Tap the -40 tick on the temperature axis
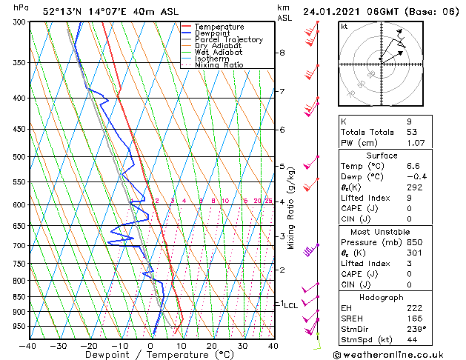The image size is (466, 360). click(28, 345)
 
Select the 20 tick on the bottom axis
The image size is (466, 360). click(212, 345)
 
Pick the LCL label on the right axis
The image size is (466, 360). click(291, 305)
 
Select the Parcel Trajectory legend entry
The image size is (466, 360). click(228, 40)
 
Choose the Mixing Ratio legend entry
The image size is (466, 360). click(219, 65)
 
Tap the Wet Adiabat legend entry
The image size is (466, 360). click(218, 53)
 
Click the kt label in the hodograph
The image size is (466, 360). click(344, 26)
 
